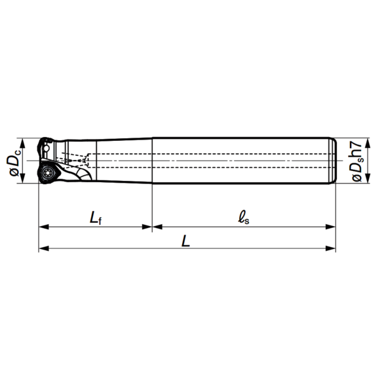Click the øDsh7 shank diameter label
(x=356, y=161)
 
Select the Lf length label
(x=96, y=218)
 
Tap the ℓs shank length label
(x=244, y=218)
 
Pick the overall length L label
(x=185, y=240)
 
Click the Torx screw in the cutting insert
(x=47, y=173)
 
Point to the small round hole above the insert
(x=46, y=148)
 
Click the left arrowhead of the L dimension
(x=44, y=248)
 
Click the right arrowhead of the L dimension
(x=331, y=248)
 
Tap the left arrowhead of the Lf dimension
(x=44, y=227)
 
